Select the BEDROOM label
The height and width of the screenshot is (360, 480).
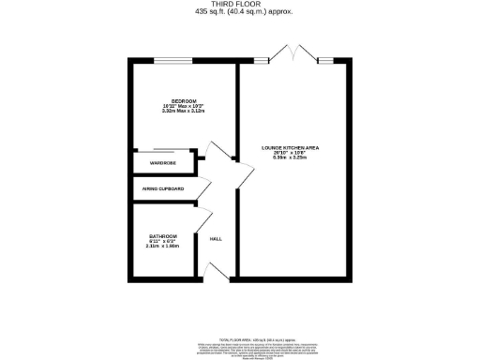click(170, 98)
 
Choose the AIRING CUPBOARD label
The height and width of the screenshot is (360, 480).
click(163, 188)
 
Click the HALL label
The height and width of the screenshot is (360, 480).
click(216, 239)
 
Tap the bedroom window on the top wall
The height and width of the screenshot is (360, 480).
click(169, 63)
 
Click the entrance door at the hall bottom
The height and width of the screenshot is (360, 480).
click(213, 271)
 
